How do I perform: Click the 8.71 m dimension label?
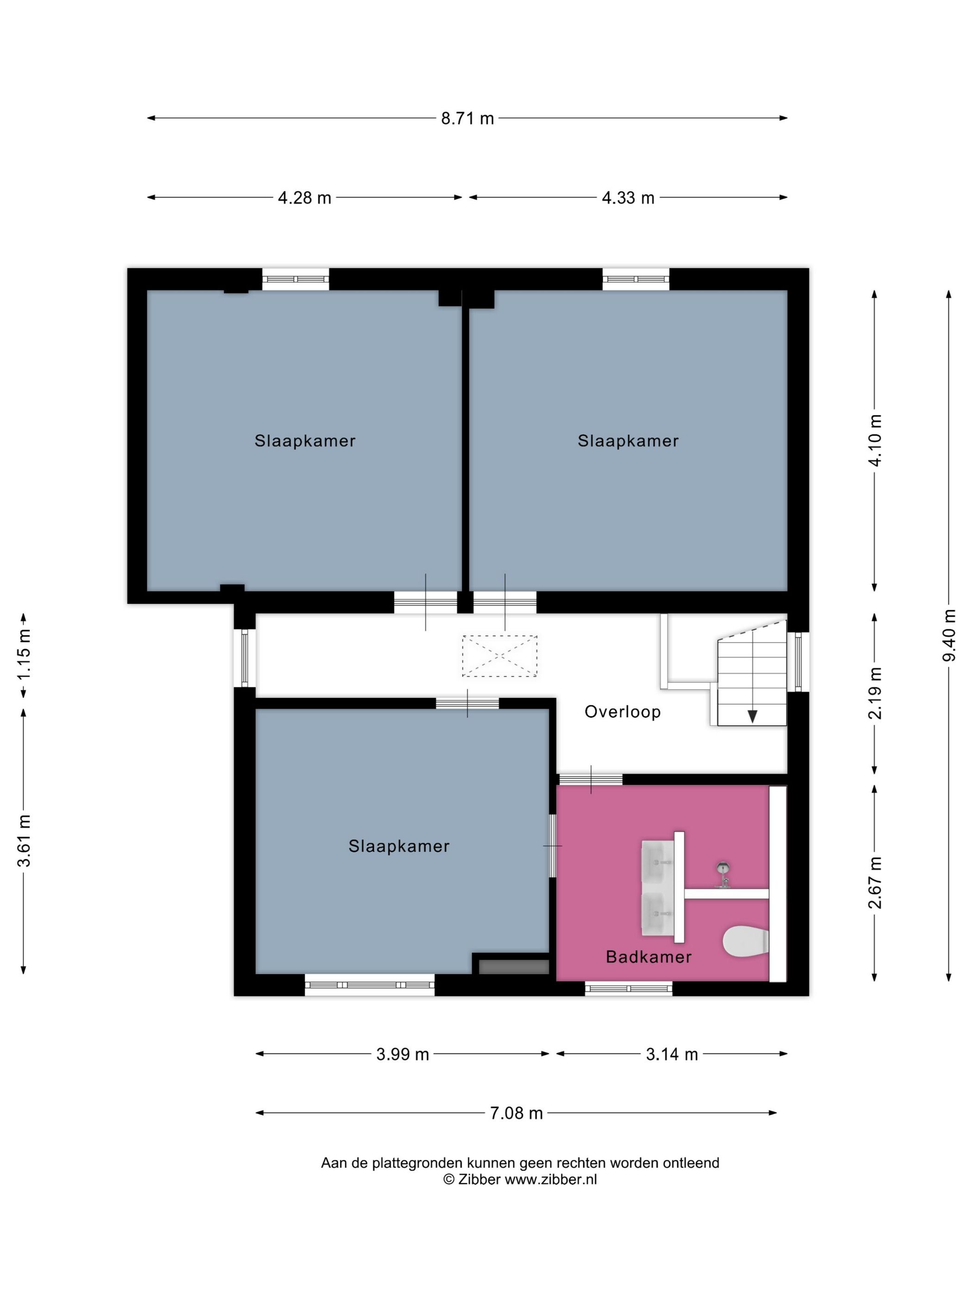click(x=467, y=119)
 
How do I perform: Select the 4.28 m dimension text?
click(x=304, y=198)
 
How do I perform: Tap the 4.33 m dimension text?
click(x=628, y=198)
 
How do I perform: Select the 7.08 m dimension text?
click(x=516, y=1113)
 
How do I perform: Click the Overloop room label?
click(x=622, y=712)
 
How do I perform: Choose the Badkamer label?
click(x=648, y=957)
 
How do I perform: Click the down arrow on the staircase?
click(x=752, y=716)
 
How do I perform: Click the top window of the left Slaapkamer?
click(x=295, y=280)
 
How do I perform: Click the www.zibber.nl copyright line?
click(x=520, y=1179)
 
